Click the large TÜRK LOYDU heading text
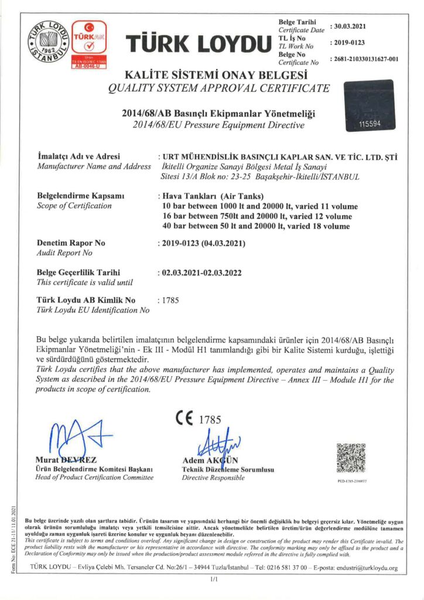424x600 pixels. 199,43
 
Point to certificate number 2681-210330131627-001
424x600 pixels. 364,59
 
